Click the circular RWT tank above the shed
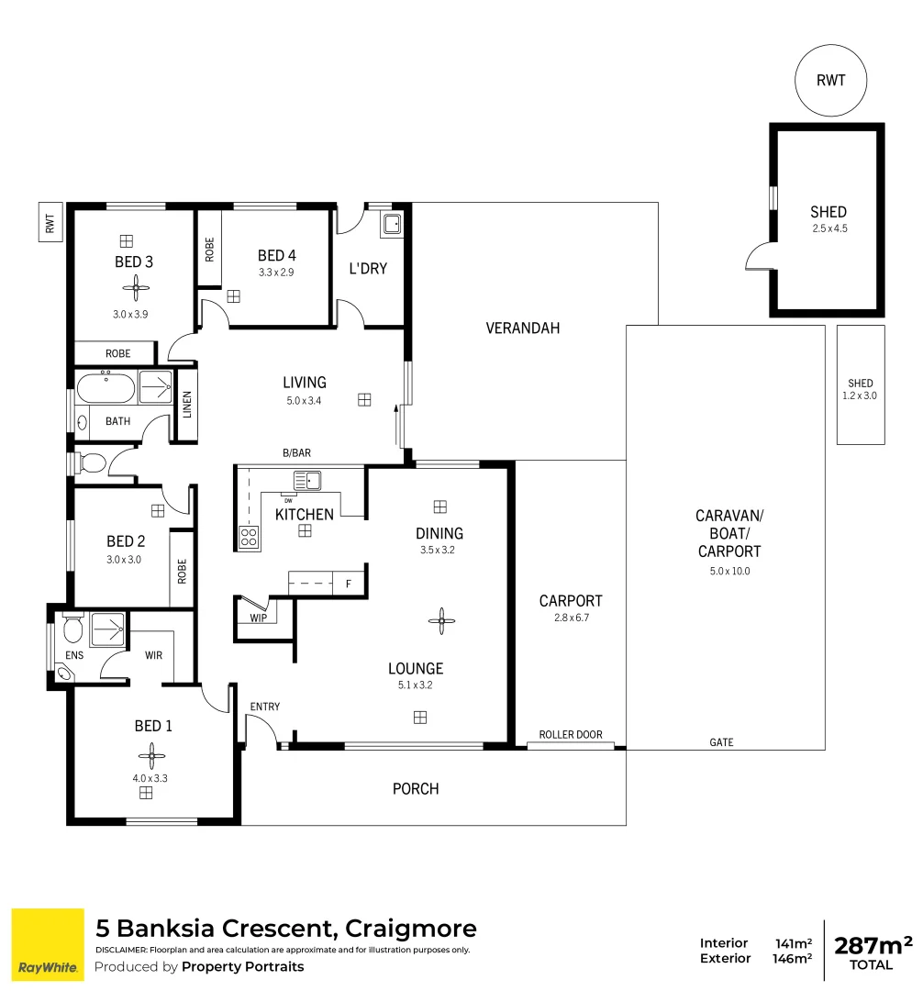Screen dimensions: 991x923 point(830,80)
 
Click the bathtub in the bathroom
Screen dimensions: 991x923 point(106,388)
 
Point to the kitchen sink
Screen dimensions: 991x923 point(306,480)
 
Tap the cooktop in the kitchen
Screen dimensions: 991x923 point(249,537)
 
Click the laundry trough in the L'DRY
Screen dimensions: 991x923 point(392,223)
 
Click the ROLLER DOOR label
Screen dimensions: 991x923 point(571,735)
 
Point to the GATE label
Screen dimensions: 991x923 point(721,742)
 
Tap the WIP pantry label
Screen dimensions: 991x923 point(257,618)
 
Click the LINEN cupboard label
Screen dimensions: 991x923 point(187,405)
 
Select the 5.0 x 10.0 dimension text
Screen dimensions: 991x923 point(728,571)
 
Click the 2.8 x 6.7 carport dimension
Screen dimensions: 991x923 point(570,618)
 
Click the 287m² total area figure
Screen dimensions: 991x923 point(873,945)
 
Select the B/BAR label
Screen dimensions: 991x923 point(296,453)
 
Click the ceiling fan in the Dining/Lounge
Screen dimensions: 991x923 point(441,620)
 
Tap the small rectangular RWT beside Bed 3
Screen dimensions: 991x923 point(50,222)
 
